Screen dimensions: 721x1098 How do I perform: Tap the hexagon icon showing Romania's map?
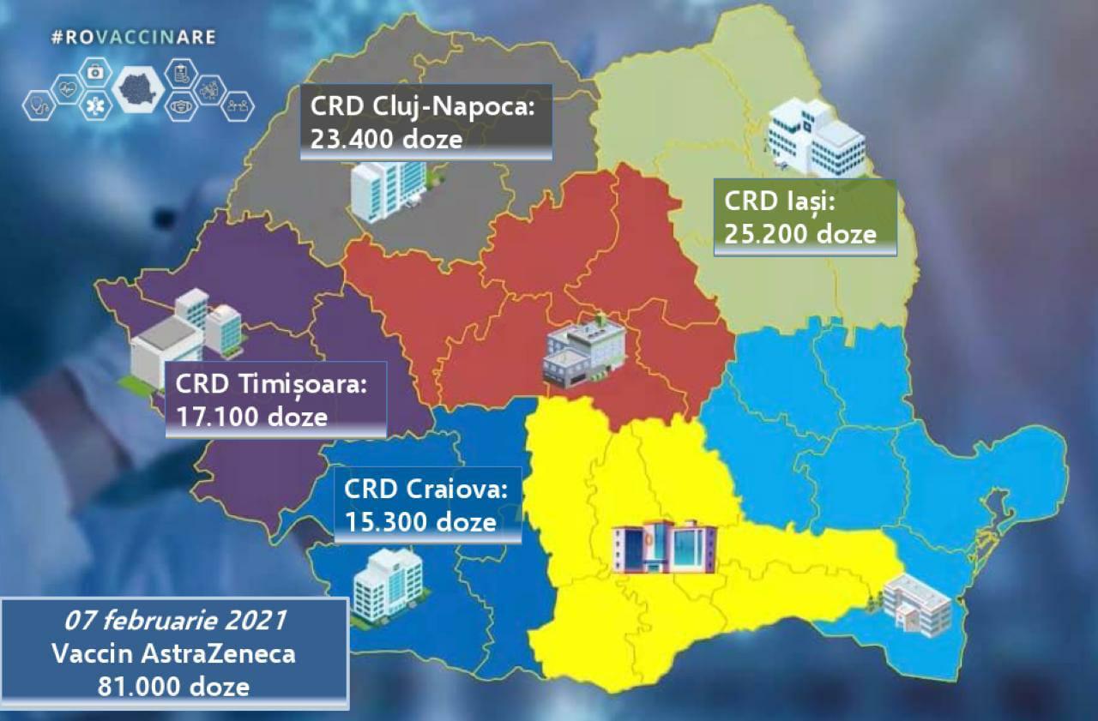click(137, 89)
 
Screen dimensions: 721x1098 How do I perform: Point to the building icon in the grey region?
click(386, 189)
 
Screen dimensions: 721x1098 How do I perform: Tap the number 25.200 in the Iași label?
click(765, 233)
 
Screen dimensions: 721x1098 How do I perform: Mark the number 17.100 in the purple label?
click(215, 417)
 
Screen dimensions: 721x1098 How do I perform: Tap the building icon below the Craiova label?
click(388, 584)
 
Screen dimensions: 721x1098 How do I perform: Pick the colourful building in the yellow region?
click(664, 546)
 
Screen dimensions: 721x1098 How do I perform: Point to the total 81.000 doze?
click(174, 686)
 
